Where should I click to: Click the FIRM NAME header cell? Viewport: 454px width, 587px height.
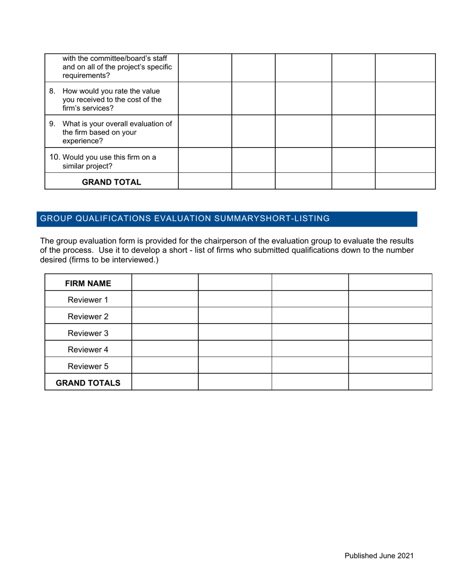click(88, 283)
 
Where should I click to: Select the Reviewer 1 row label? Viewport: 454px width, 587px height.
click(88, 300)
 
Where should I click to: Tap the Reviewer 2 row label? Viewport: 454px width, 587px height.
click(88, 316)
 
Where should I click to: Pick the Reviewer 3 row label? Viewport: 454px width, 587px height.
click(88, 333)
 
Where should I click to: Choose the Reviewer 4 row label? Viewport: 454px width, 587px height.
click(88, 349)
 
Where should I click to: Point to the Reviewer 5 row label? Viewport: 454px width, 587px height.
click(88, 366)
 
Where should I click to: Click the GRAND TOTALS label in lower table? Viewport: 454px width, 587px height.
click(88, 383)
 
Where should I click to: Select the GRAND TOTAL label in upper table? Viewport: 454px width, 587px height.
click(111, 182)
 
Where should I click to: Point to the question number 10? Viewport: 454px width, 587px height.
click(55, 157)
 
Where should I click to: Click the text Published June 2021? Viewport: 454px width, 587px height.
click(379, 556)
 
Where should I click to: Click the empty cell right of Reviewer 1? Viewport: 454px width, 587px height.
click(164, 300)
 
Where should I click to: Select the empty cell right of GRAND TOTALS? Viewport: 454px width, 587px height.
click(164, 383)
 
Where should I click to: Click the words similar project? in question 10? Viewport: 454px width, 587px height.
click(87, 166)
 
